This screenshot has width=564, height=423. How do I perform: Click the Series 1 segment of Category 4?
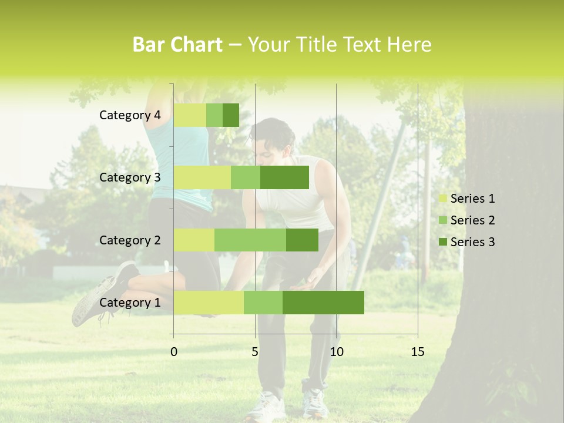tap(190, 115)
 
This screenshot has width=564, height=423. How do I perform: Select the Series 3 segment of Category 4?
tap(231, 115)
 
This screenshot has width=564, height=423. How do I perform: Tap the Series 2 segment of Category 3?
tap(246, 177)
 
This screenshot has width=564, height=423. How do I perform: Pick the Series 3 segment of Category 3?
tap(284, 177)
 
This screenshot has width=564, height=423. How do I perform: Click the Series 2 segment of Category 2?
tap(250, 240)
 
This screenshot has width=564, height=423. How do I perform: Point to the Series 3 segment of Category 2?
tap(302, 240)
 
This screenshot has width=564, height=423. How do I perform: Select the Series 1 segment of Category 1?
tap(209, 302)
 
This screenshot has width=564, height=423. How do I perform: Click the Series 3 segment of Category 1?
tap(323, 302)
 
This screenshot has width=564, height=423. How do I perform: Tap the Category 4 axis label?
tap(130, 115)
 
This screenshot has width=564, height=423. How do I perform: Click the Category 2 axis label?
tap(130, 240)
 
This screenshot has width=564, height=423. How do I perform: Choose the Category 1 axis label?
tap(130, 302)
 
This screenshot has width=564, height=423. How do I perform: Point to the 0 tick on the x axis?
tap(174, 352)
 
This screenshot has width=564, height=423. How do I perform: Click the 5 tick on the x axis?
tap(255, 352)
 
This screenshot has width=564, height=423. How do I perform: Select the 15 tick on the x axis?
tap(418, 352)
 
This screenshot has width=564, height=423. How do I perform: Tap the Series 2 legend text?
tap(472, 220)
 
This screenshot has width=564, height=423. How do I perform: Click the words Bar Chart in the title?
tap(177, 45)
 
